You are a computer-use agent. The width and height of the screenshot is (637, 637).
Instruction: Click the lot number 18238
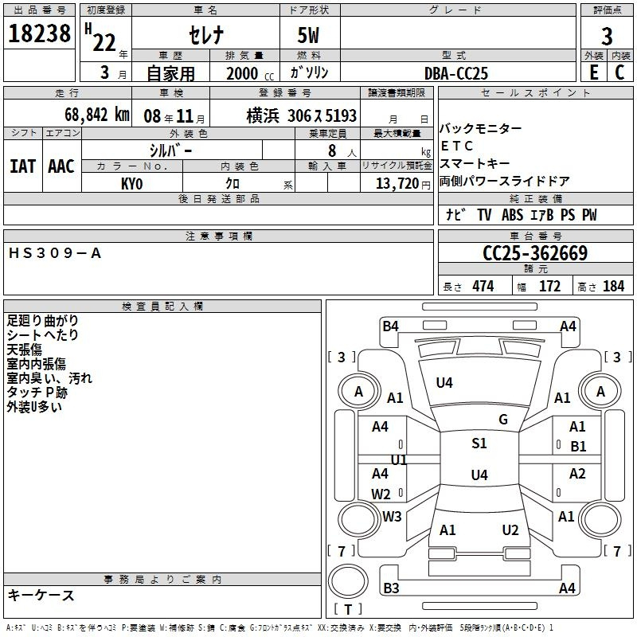(x=39, y=33)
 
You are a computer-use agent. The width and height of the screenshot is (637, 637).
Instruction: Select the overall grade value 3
(x=607, y=37)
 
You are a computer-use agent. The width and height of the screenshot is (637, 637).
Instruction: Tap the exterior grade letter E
(x=594, y=72)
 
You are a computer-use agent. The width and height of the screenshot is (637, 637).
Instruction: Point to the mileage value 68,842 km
(x=97, y=115)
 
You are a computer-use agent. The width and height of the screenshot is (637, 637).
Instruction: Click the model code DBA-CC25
(x=455, y=73)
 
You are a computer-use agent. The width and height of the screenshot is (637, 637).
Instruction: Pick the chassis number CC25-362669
(x=535, y=253)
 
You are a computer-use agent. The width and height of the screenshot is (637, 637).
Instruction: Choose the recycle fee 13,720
(x=397, y=184)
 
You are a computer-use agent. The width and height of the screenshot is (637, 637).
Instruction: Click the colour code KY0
(x=131, y=184)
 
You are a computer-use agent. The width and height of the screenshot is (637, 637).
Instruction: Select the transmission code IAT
(x=22, y=166)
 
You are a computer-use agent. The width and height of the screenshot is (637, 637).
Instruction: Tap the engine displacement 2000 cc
(x=250, y=74)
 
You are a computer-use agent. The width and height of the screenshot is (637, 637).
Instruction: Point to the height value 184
(x=613, y=287)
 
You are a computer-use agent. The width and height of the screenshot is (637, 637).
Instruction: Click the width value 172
(x=549, y=287)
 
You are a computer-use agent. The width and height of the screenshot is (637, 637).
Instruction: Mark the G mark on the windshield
(x=503, y=420)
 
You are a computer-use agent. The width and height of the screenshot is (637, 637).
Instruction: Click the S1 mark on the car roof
(x=479, y=444)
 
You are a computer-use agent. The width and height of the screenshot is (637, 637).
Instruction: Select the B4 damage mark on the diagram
(x=390, y=326)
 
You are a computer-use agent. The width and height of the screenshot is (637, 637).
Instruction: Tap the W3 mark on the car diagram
(x=392, y=516)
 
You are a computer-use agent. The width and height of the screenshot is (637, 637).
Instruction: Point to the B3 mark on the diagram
(x=391, y=588)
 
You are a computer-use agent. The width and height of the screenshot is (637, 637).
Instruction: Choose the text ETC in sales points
(x=456, y=146)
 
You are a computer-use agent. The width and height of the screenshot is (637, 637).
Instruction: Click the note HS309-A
(x=54, y=253)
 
